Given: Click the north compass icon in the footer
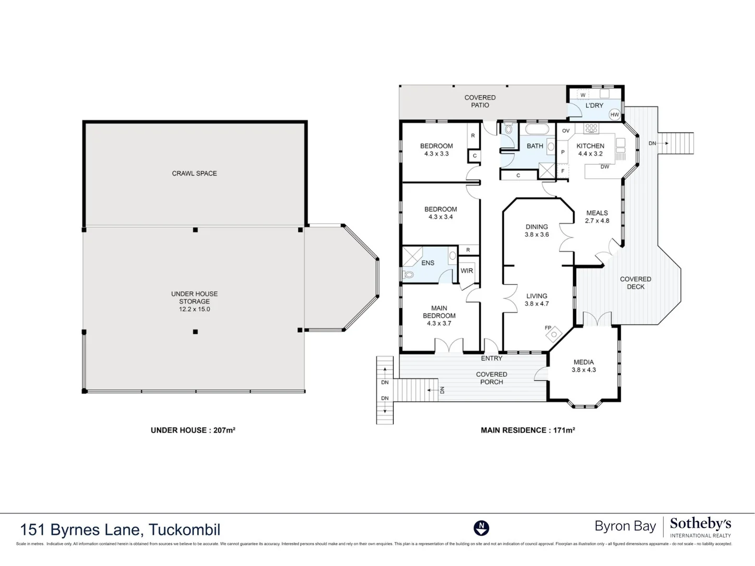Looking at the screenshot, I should point(481,528).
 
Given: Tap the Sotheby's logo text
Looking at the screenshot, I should point(700,524).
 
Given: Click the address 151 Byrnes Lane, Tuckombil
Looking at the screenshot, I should point(120,530).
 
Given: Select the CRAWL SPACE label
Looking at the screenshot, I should point(195,173).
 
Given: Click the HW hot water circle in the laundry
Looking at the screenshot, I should point(614,115).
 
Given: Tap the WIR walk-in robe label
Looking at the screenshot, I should point(467,271).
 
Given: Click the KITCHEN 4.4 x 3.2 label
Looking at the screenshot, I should point(590,150).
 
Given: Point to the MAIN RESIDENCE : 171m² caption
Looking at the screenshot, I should point(527,430).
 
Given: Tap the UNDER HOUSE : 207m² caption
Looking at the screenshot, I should point(193,430).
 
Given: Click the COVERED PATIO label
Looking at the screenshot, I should point(480,101).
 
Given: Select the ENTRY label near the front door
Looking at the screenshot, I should point(491,358).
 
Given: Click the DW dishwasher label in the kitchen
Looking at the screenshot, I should point(605,167).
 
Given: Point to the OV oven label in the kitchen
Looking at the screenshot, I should point(566,131).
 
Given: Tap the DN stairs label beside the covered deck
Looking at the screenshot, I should point(652,143).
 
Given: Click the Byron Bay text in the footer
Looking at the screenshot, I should point(625,526).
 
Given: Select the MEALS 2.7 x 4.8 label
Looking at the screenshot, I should point(597,217).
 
